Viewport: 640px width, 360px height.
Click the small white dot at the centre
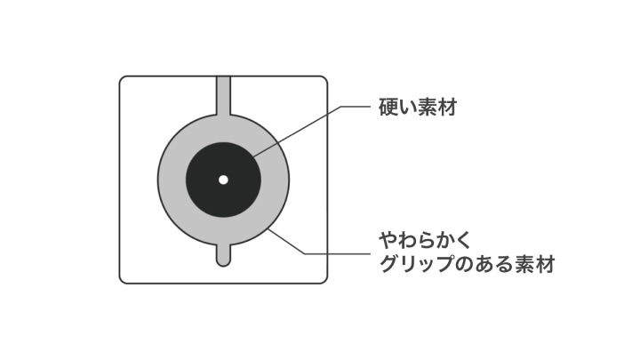pyautogui.click(x=223, y=180)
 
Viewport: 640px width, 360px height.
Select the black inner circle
pyautogui.click(x=223, y=180)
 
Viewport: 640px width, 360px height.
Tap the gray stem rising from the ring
pyautogui.click(x=223, y=95)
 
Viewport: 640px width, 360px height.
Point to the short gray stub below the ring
pyautogui.click(x=223, y=255)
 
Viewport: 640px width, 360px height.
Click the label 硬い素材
pyautogui.click(x=417, y=108)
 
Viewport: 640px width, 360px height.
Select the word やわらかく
pyautogui.click(x=425, y=240)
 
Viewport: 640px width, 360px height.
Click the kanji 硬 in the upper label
pyautogui.click(x=388, y=108)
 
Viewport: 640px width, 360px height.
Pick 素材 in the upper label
pyautogui.click(x=436, y=108)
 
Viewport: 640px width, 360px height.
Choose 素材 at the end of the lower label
pyautogui.click(x=535, y=264)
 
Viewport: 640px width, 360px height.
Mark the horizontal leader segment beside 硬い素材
pyautogui.click(x=356, y=107)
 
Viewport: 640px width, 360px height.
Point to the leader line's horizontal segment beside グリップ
pyautogui.click(x=338, y=254)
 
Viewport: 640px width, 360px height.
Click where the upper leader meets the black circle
pyautogui.click(x=253, y=156)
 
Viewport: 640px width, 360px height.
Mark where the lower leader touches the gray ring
pyautogui.click(x=269, y=229)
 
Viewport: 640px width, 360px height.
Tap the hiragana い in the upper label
pyautogui.click(x=408, y=108)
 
